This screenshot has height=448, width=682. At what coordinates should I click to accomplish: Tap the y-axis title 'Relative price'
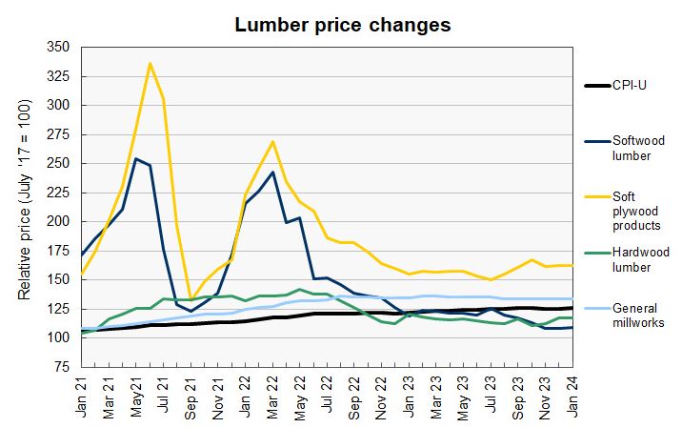pyautogui.click(x=27, y=206)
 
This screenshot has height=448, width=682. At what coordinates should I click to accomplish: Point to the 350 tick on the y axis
pyautogui.click(x=58, y=47)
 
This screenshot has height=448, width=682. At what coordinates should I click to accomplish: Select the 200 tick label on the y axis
pyautogui.click(x=58, y=221)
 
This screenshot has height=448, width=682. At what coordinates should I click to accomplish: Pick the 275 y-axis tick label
pyautogui.click(x=58, y=134)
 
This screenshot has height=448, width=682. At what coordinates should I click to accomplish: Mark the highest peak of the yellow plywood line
pyautogui.click(x=150, y=63)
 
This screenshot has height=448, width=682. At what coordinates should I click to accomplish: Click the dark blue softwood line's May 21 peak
pyautogui.click(x=136, y=158)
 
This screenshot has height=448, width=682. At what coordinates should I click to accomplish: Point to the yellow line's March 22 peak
pyautogui.click(x=272, y=141)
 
